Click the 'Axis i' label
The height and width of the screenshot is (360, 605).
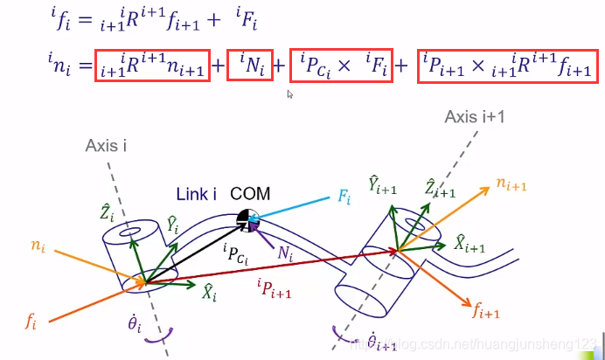pyautogui.click(x=107, y=146)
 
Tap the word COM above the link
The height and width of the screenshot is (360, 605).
pyautogui.click(x=250, y=193)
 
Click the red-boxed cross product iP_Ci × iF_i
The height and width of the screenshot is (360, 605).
pyautogui.click(x=341, y=66)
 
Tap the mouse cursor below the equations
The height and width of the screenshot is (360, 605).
pyautogui.click(x=290, y=93)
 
